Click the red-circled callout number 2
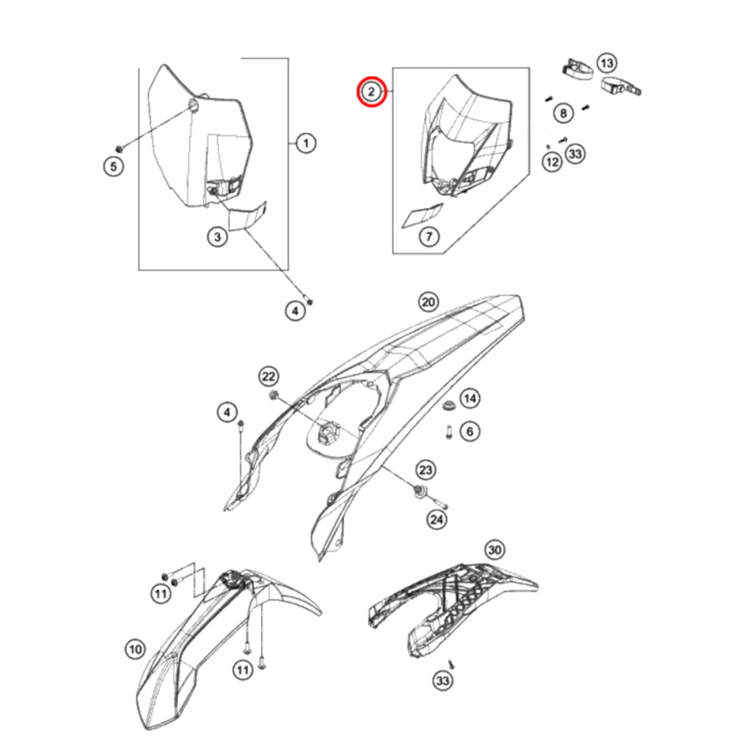point(371,91)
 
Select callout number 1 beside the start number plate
point(305,143)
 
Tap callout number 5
point(114,166)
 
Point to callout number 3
point(218,237)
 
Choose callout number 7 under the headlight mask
point(429,237)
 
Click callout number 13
point(607,64)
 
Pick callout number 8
point(563,113)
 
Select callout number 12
point(553,162)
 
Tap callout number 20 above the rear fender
point(428,302)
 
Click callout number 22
point(268,376)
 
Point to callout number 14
point(470,398)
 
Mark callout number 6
point(470,431)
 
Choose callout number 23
point(425,470)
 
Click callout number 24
point(436,519)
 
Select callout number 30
point(494,550)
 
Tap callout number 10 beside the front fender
point(135,649)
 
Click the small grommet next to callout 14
point(448,405)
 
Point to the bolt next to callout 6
point(449,432)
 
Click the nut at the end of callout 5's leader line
point(119,148)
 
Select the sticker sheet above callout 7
point(423,215)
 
